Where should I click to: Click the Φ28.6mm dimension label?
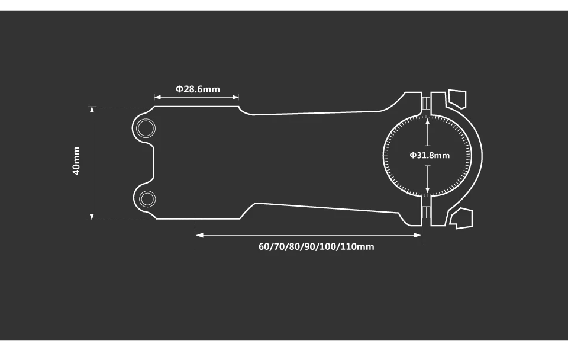coord(198,89)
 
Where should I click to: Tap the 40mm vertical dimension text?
coord(76,160)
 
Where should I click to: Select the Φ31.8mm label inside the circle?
coord(430,155)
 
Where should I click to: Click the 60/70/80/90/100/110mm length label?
coord(316,246)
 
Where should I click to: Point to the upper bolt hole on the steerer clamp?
coord(146,128)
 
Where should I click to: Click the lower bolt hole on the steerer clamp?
coord(147,199)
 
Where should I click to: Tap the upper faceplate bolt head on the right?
coord(457,99)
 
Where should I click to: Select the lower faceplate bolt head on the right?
coord(461,218)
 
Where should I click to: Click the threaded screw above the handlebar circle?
coord(426,103)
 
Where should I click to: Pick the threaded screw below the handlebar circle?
coord(426,213)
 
